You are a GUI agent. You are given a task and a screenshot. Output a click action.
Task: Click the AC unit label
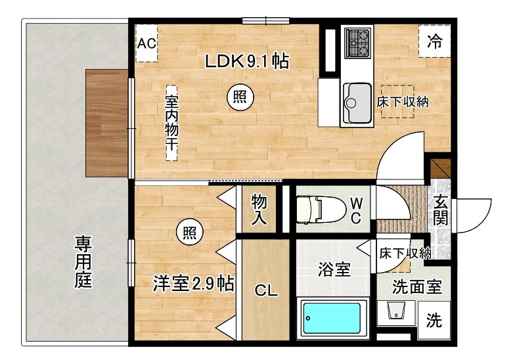pos(146,43)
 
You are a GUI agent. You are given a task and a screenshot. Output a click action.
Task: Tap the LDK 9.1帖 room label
pos(247,62)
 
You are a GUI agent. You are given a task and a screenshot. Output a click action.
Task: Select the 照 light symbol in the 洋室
pos(189,231)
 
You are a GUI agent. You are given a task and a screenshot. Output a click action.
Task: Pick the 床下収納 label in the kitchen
pos(402,102)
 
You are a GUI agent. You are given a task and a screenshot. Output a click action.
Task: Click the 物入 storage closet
pos(259,211)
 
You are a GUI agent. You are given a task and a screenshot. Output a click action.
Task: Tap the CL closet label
pos(265,290)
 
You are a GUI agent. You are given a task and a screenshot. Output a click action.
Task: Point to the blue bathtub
pos(332,321)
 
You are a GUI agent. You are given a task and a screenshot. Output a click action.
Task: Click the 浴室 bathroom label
pos(334,269)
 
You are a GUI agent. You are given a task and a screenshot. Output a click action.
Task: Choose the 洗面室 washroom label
pos(416,287)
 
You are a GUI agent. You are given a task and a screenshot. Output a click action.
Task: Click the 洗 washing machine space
pos(434,321)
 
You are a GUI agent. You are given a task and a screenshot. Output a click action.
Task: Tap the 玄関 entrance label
pos(439,212)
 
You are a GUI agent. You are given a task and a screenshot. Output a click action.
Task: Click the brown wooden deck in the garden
pos(106,123)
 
